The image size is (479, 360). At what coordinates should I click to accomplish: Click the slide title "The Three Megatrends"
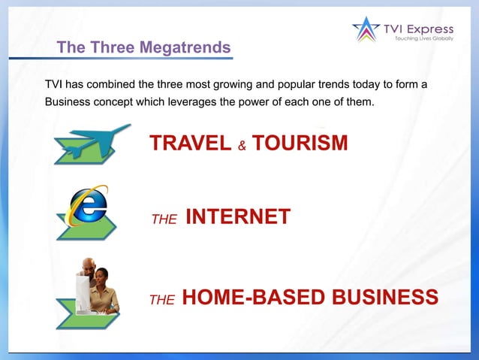tap(143, 47)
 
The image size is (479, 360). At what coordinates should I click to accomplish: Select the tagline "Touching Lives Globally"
tap(425, 38)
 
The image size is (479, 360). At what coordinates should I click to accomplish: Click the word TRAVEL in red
tap(190, 143)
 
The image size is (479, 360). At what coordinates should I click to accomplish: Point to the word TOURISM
tap(300, 143)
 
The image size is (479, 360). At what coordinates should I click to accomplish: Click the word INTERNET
tap(237, 217)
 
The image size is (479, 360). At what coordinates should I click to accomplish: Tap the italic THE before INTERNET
tap(164, 219)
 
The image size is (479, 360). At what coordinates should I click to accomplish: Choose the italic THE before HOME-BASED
tap(162, 300)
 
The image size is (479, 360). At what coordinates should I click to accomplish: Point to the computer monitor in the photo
tap(83, 293)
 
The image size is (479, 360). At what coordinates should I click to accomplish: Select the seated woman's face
tap(103, 277)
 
